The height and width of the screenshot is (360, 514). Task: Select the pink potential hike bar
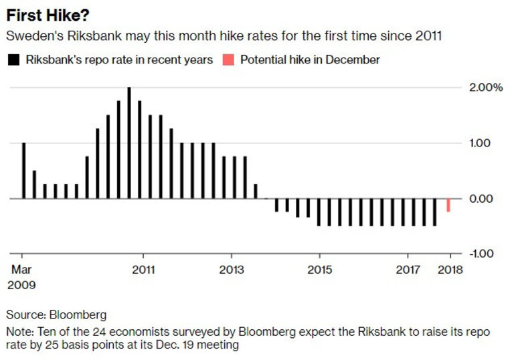point(448,205)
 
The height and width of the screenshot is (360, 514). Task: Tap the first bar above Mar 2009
point(23,171)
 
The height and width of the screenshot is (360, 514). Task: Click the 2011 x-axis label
point(143,270)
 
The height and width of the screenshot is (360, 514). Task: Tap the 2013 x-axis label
point(232,270)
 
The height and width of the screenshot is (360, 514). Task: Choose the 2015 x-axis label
point(319,270)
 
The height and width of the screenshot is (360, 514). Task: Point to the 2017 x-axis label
point(408,270)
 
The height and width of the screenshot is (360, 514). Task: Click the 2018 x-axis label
point(450,270)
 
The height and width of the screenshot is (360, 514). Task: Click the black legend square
point(13,60)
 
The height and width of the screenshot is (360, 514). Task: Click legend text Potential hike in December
point(310,60)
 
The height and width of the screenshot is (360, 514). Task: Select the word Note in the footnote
point(17,331)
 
